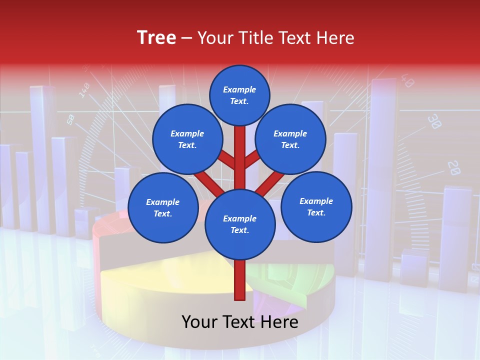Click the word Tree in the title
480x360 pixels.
click(156, 37)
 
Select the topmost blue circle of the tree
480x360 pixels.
click(239, 95)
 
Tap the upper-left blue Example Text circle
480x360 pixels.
click(187, 139)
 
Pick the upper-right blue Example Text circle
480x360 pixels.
click(290, 139)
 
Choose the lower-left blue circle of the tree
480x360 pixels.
click(163, 207)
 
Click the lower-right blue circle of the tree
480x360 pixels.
click(316, 206)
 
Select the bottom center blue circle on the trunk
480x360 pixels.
click(240, 224)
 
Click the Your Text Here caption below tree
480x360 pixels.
click(240, 321)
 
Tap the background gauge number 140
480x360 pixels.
click(84, 90)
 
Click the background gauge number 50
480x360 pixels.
click(70, 119)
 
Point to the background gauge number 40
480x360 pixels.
click(407, 80)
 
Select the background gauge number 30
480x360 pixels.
click(434, 121)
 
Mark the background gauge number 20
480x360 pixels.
click(453, 167)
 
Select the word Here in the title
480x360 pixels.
click(336, 38)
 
